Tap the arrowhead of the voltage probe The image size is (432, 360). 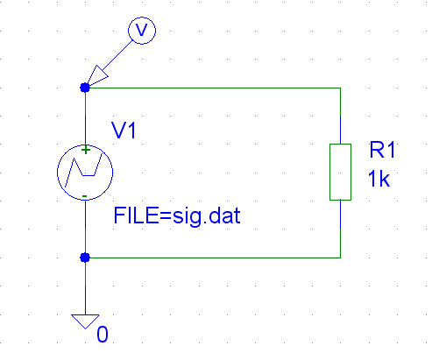coord(97,75)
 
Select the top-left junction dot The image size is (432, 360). coord(85,88)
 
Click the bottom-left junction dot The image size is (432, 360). coord(85,258)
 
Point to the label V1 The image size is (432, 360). coord(124,131)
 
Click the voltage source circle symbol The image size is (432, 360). coord(57,173)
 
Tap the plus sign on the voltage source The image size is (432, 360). coord(85,150)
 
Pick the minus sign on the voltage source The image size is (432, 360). coord(85,196)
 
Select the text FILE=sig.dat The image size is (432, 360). coord(177,216)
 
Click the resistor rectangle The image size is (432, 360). coord(329,172)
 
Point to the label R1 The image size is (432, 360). coord(382,150)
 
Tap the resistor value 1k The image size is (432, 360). coord(379,179)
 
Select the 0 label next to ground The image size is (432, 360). coord(103,335)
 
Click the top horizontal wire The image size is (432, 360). coord(213,88)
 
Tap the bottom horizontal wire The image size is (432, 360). coord(213,258)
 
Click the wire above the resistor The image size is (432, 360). coord(340,116)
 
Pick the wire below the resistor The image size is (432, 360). coord(340,229)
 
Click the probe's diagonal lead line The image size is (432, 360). coord(117,55)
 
